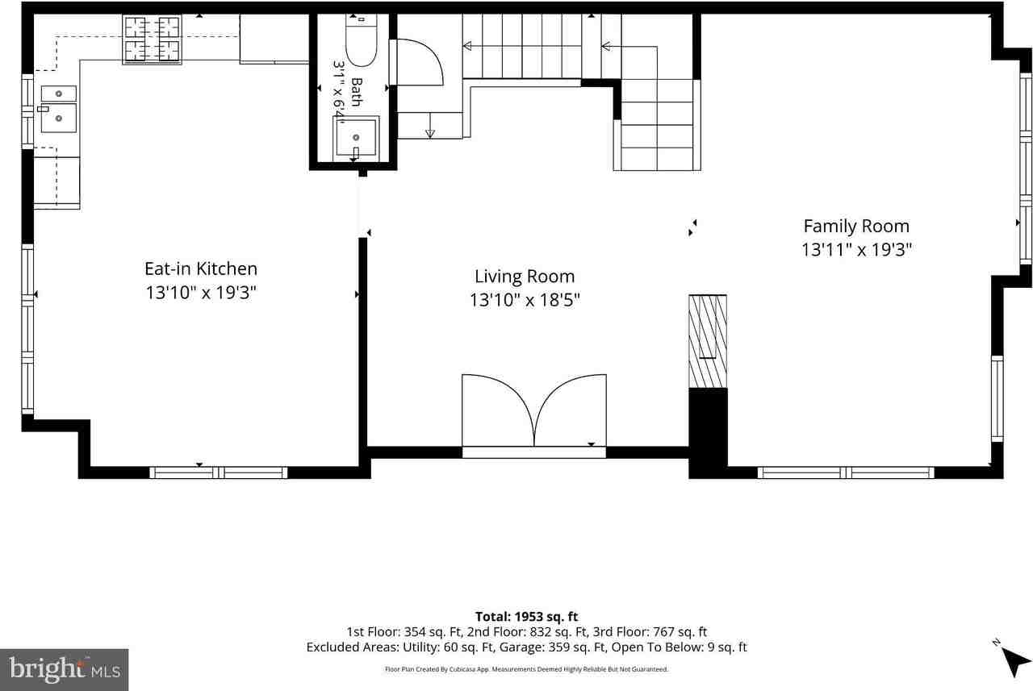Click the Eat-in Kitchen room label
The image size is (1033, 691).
(x=201, y=268)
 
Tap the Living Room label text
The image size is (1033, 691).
(x=525, y=277)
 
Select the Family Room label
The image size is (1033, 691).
(x=856, y=227)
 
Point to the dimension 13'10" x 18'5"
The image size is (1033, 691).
(x=525, y=300)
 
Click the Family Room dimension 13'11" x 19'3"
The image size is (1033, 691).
(x=856, y=250)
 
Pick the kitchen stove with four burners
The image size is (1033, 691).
(x=152, y=40)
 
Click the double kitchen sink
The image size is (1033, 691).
(x=59, y=109)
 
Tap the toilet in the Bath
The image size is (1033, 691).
(x=361, y=40)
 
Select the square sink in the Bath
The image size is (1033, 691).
(x=356, y=137)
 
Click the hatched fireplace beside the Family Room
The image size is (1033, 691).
(x=708, y=341)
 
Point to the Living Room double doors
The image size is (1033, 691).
(x=534, y=410)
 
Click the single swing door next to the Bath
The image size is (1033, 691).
(x=416, y=62)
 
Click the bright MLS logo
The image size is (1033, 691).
(x=64, y=669)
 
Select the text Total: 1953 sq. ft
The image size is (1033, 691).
(x=526, y=616)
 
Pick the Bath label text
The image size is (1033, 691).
(x=357, y=92)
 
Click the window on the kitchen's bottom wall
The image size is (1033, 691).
(x=218, y=472)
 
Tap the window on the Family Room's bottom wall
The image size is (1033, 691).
(x=846, y=472)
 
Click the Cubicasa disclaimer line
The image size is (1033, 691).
(x=526, y=669)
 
